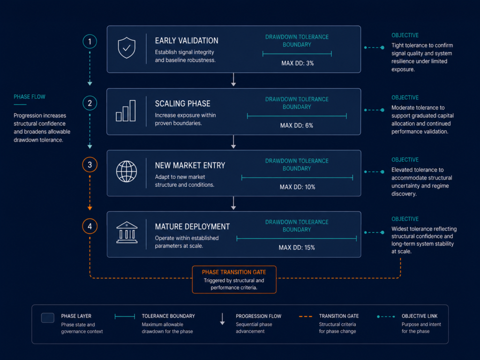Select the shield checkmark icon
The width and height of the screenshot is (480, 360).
click(127, 48)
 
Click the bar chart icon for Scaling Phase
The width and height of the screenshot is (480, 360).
click(126, 111)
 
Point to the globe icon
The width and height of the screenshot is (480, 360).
click(127, 172)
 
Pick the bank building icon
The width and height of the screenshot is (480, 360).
click(127, 232)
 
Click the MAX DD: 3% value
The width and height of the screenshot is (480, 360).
click(298, 63)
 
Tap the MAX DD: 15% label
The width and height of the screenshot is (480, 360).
click(297, 247)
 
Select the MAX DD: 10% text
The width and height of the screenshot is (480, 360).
click(297, 187)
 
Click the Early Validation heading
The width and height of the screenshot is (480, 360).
click(187, 41)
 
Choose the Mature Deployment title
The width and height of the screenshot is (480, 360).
click(192, 226)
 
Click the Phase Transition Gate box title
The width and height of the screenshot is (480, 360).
click(234, 272)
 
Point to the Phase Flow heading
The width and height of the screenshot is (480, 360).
click(30, 97)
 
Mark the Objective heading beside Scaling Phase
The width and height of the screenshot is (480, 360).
click(405, 97)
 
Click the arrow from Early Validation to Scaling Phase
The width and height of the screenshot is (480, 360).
click(233, 80)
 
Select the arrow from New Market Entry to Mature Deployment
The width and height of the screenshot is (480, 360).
click(233, 203)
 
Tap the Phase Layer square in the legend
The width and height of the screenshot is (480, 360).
click(48, 318)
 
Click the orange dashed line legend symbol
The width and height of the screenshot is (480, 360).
click(306, 316)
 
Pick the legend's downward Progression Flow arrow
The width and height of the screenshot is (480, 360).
click(223, 319)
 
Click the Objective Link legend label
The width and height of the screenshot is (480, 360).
click(420, 316)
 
